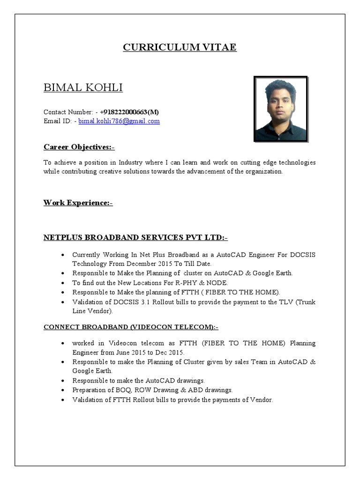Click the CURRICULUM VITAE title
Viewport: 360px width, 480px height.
180,47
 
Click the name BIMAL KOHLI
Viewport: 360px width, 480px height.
83,88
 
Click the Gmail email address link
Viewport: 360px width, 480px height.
119,121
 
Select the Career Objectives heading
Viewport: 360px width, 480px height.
79,147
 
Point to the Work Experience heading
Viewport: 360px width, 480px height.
78,202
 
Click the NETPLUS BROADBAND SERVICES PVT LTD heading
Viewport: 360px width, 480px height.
135,238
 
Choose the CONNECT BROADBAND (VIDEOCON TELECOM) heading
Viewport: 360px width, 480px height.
131,327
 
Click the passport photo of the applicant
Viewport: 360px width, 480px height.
280,109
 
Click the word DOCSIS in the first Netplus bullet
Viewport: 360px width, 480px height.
303,255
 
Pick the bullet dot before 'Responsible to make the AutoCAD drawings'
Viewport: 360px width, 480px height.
63,381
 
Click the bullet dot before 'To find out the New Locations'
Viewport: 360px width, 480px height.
63,283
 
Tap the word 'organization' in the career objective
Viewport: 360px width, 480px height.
264,172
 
